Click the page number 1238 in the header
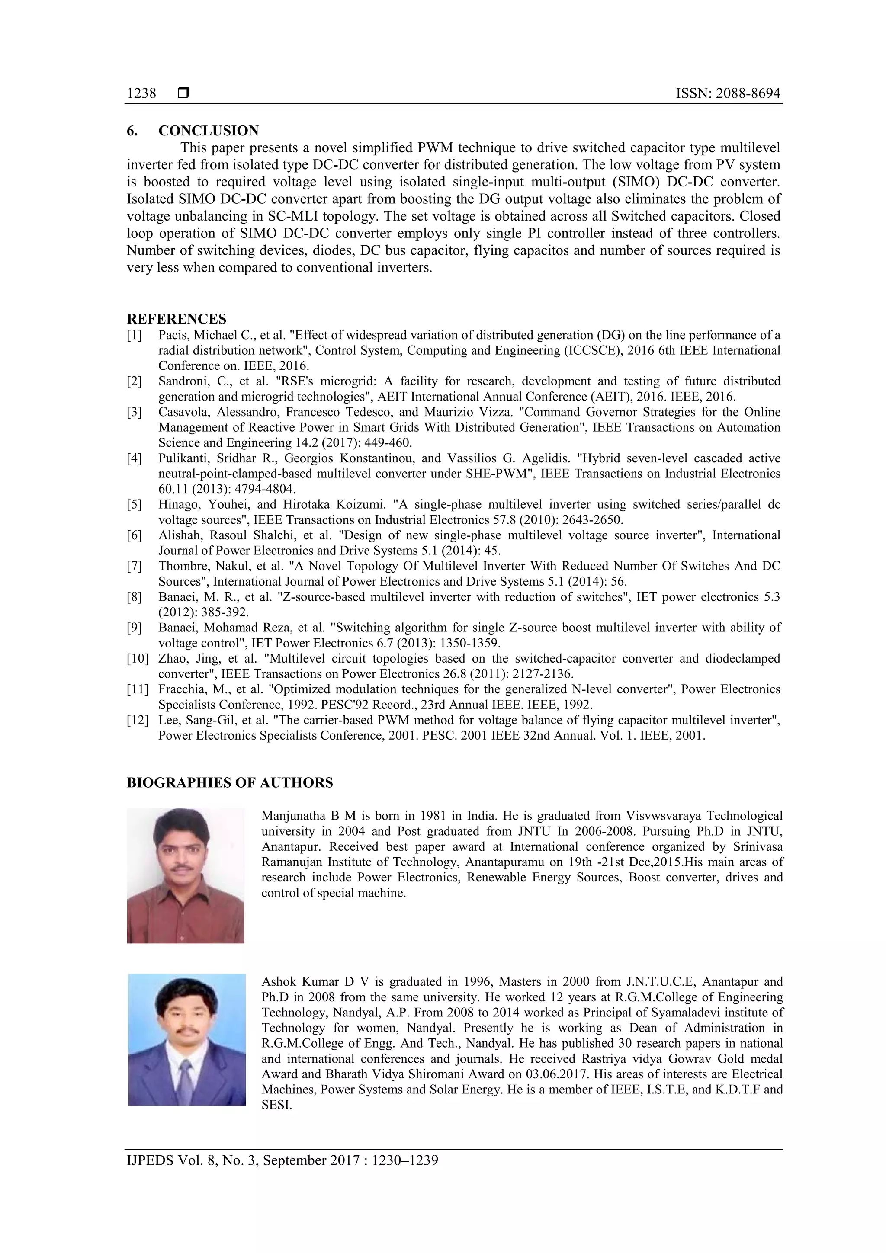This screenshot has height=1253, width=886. tap(141, 93)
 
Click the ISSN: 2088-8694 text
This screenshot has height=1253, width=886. tap(728, 93)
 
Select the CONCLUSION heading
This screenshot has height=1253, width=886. tap(209, 131)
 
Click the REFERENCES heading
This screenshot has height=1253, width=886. tap(177, 319)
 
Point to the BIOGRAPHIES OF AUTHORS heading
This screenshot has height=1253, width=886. tap(230, 782)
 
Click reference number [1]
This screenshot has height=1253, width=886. tap(134, 335)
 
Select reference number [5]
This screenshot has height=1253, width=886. tap(134, 504)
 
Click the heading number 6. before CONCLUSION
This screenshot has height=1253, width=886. tap(132, 131)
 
